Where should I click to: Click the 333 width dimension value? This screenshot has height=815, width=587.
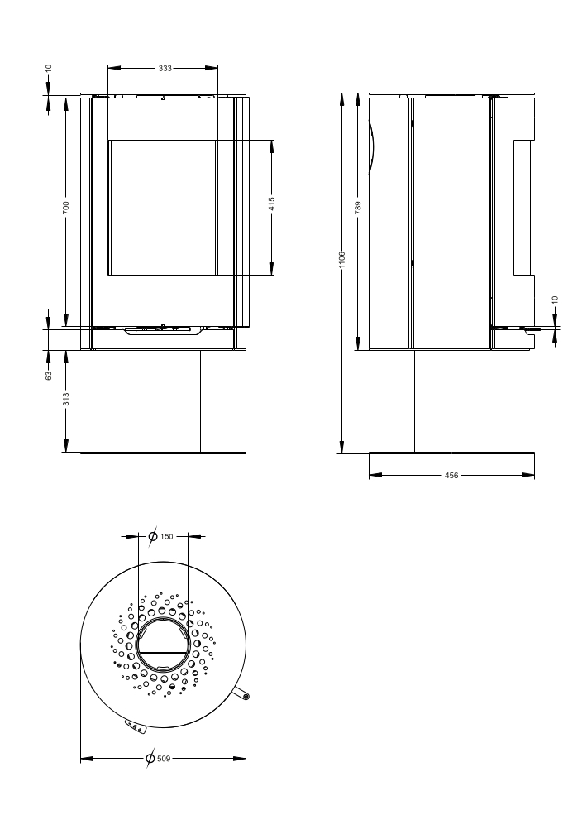164,69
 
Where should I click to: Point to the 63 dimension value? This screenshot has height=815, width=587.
49,375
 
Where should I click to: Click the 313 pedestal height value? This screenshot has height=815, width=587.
65,399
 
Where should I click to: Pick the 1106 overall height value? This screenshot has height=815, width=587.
341,260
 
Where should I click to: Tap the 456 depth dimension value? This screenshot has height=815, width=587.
452,476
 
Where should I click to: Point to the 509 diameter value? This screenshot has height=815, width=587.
164,758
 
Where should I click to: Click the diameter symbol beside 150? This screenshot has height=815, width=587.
153,537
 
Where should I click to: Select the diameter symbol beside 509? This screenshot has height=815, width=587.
149,758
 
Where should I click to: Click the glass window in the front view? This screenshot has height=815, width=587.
163,207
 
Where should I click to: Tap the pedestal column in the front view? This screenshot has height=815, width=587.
163,400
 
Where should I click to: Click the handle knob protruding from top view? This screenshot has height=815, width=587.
246,697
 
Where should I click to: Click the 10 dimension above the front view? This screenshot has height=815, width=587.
49,70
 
